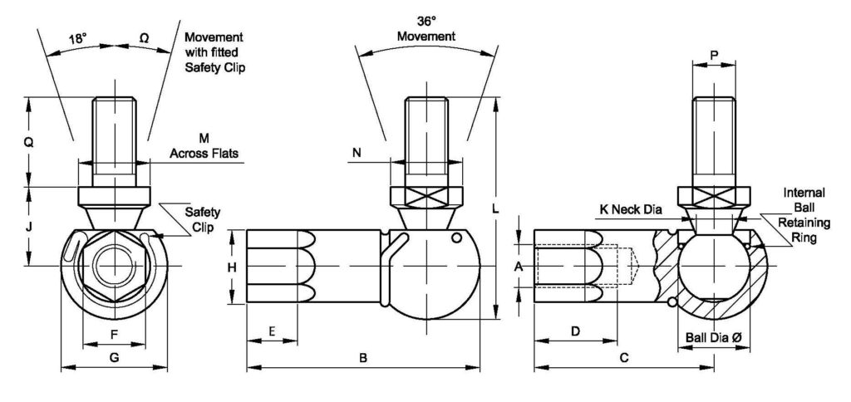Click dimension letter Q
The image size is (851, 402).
tap(28, 142)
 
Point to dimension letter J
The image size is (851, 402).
tap(28, 226)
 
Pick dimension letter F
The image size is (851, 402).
tap(114, 334)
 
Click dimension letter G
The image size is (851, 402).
tap(114, 357)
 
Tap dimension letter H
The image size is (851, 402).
tap(233, 267)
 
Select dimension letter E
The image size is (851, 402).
tap(272, 331)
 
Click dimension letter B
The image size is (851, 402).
tap(362, 358)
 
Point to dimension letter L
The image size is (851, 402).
tap(495, 210)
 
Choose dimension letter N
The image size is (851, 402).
tap(357, 152)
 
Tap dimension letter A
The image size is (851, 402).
tap(519, 267)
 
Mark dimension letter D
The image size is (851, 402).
tap(575, 331)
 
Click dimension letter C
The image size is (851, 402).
tap(624, 358)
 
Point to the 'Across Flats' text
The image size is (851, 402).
tap(203, 153)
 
